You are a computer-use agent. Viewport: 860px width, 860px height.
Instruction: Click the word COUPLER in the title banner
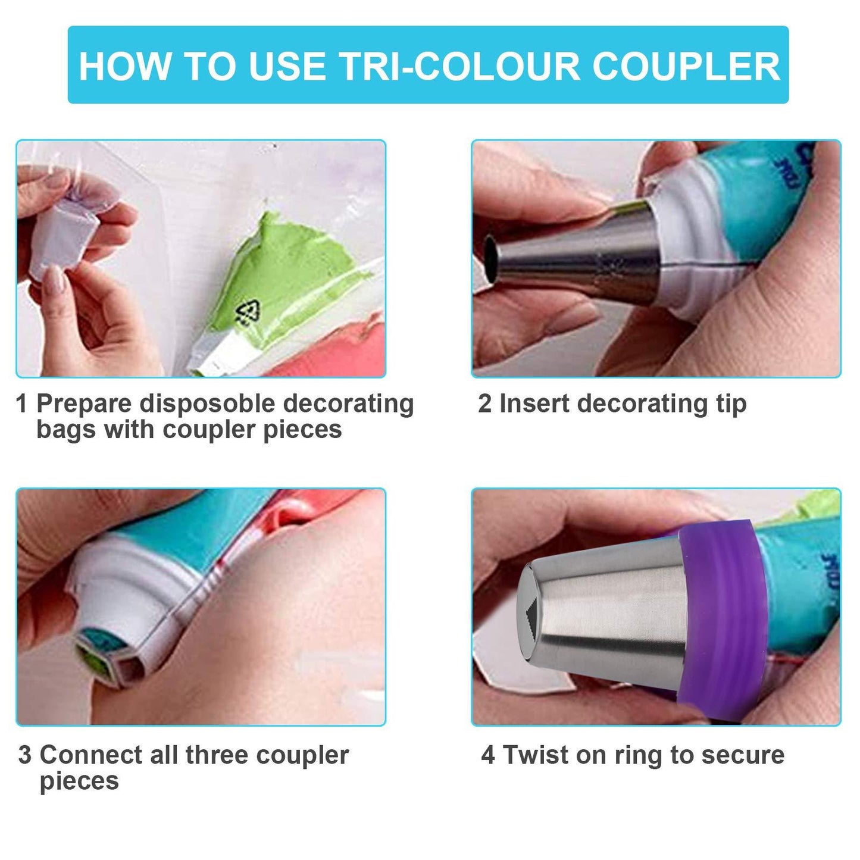tap(686, 67)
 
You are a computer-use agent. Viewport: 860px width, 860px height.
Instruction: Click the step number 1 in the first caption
tap(21, 404)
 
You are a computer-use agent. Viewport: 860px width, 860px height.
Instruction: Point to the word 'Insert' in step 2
tap(534, 404)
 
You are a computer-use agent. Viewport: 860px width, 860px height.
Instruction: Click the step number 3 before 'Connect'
tap(24, 755)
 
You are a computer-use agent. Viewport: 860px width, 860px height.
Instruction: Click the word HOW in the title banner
tap(124, 67)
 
